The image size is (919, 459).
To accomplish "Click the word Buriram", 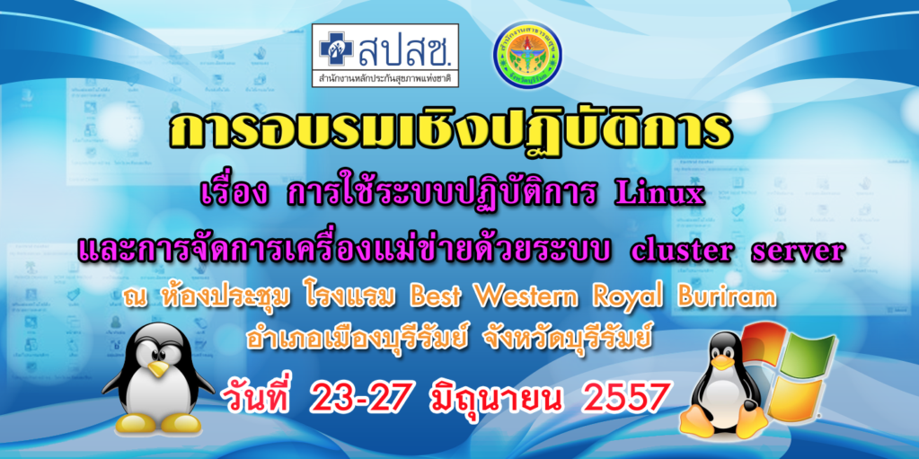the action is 729,298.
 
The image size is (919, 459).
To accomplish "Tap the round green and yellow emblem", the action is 527,55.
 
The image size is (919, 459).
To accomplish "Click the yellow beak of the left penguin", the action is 157,368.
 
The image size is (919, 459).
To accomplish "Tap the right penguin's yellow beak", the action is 722,362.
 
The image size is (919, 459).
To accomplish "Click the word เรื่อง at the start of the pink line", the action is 234,195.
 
